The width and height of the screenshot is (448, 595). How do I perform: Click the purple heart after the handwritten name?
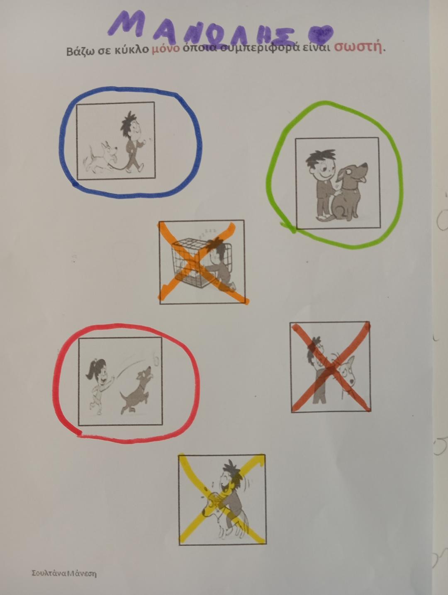coord(321,35)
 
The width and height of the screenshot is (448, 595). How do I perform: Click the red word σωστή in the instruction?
coord(358,48)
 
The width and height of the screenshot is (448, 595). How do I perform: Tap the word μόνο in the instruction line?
coord(166,49)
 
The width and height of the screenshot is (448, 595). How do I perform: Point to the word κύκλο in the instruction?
coord(131,50)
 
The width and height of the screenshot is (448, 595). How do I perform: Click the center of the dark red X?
coord(331,368)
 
